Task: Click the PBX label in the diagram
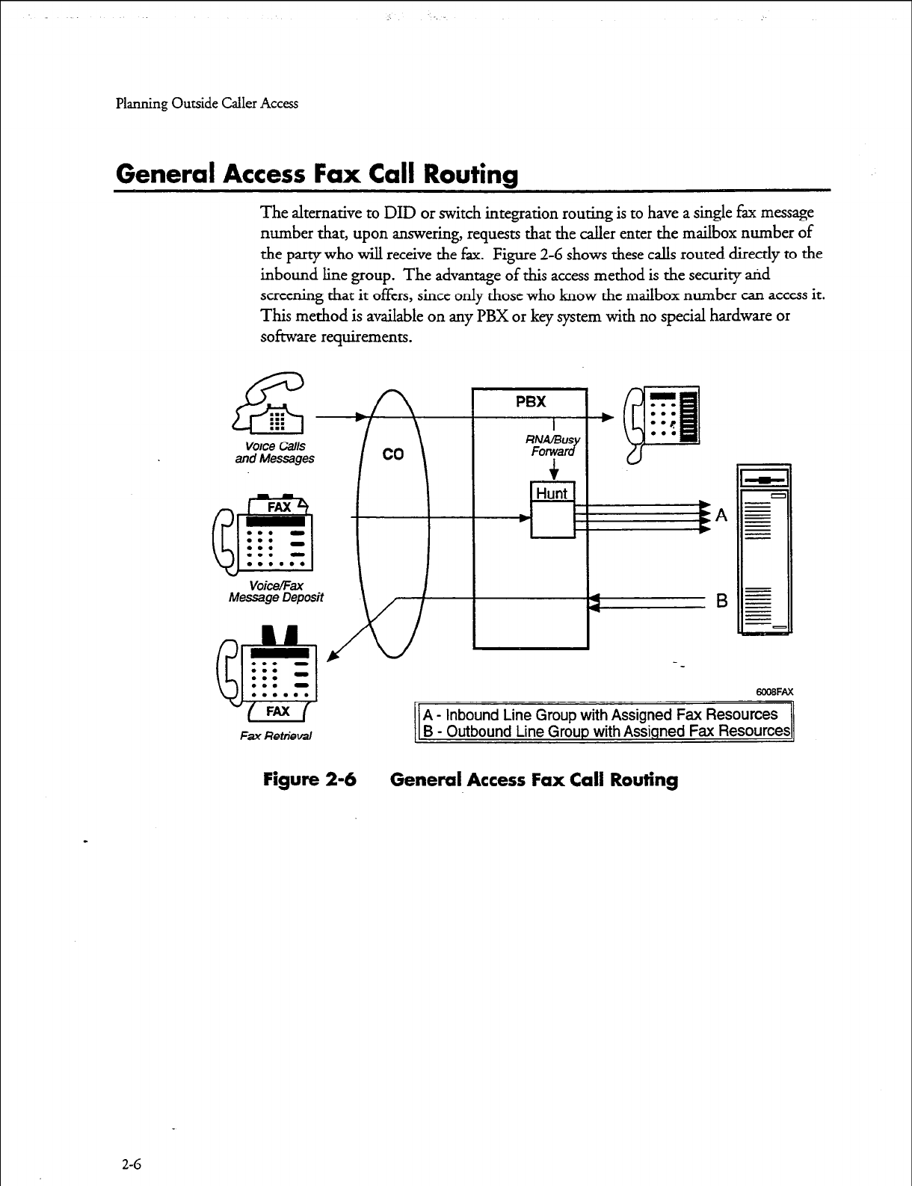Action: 531,401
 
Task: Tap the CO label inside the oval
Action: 393,454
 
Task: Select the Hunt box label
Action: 552,493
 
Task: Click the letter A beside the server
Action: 721,515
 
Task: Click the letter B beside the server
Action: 722,601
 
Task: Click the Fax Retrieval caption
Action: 276,736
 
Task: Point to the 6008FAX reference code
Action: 774,692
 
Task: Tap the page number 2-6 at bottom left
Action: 132,1164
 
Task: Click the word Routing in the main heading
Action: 470,174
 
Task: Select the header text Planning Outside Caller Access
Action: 207,104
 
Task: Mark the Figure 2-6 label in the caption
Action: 310,780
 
